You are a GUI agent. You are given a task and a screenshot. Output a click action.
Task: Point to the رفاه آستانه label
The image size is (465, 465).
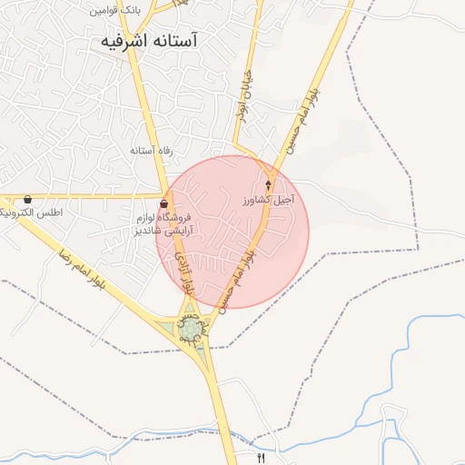coord(151,151)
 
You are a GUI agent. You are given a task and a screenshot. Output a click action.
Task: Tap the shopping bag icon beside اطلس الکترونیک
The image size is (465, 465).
coord(28,199)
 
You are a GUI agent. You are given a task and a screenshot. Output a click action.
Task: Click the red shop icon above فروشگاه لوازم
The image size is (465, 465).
coord(163,203)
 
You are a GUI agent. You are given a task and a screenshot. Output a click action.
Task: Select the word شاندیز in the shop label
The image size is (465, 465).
coord(144,231)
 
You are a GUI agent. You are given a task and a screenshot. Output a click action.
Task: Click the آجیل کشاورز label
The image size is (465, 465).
coord(268,198)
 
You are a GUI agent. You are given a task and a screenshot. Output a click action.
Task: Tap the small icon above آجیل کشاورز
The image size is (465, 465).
coord(268,184)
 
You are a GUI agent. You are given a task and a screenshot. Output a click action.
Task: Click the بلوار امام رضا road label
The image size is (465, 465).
coord(83,270)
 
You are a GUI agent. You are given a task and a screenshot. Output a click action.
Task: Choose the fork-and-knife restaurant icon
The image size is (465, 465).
coord(262,458)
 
